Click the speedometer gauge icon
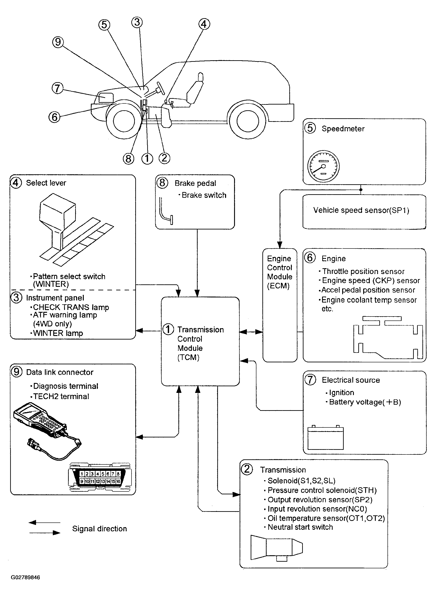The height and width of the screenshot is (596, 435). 323,166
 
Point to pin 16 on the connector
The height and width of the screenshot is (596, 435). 118,481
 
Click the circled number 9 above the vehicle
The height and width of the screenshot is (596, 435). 58,42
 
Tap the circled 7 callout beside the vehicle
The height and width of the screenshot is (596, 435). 57,88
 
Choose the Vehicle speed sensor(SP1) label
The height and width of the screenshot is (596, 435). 361,210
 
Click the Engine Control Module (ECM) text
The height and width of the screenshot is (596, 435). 279,272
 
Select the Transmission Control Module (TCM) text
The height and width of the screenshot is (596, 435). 200,343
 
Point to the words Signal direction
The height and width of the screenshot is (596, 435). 99,529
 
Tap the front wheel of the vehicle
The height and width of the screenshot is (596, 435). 124,121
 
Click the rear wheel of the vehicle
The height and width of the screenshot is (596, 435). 248,121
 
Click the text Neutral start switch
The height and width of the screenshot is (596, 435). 300,527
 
